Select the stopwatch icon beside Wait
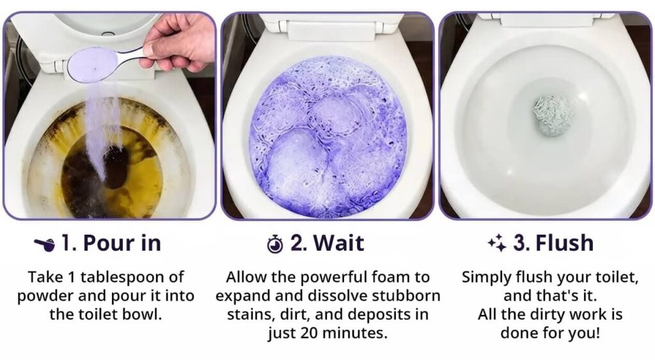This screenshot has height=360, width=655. point(275,244)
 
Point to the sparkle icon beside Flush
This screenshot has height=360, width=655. point(497,243)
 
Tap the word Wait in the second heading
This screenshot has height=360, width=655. point(339,243)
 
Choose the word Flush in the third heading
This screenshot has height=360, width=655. point(564,243)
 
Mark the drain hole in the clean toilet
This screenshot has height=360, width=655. point(553,116)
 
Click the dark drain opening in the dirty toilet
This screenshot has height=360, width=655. point(116,167)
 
